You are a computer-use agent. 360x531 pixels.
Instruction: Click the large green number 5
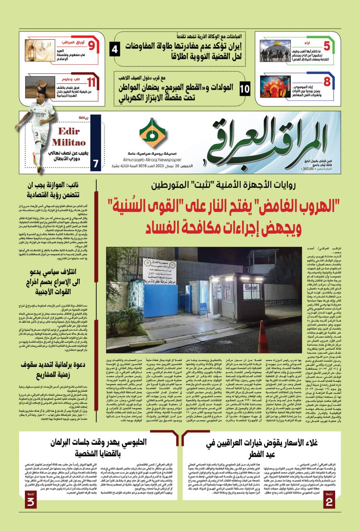[x=327, y=46]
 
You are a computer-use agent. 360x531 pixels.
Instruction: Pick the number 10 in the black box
[x=245, y=88]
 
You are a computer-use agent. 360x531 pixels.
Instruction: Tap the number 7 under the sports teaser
[x=95, y=163]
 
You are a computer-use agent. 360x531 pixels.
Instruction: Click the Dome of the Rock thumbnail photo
[x=275, y=51]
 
